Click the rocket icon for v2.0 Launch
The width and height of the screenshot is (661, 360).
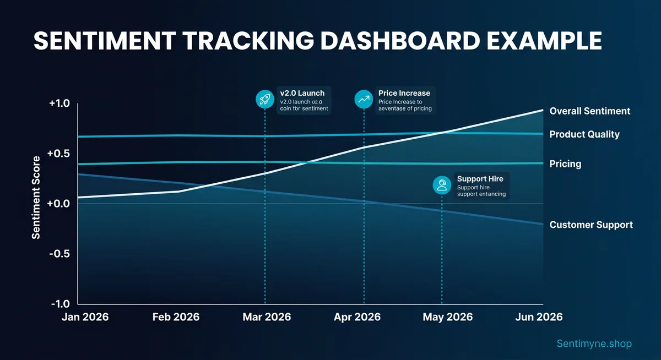pos(265,99)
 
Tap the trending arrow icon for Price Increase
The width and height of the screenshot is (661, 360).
pos(364,99)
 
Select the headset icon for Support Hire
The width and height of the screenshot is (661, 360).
pos(442,186)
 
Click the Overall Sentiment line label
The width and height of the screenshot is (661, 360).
pos(589,111)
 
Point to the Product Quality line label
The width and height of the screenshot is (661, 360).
pos(584,134)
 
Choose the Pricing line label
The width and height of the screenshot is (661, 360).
pos(565,164)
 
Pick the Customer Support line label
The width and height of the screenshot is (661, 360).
pos(591,225)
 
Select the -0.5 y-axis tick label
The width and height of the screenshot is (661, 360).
pos(59,254)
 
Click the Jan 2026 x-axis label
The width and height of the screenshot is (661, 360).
pos(85,317)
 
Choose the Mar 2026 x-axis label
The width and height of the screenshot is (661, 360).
pos(267,317)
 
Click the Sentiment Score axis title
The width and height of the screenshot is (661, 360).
pos(36,198)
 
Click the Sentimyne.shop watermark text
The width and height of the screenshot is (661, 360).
pos(594,344)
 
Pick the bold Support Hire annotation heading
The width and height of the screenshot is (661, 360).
pos(480,179)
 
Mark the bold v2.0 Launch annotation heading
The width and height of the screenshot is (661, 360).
pos(302,92)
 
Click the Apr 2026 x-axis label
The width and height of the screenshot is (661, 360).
pos(357,317)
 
